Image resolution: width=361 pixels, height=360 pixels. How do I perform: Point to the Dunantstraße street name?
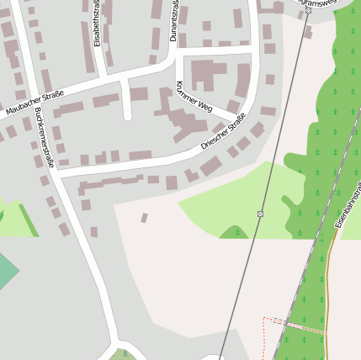tap(174, 20)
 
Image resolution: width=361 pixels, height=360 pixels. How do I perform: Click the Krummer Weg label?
tap(193, 97)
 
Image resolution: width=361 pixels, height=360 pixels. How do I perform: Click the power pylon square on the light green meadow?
tap(261, 214)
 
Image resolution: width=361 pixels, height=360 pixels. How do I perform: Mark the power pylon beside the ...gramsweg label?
tap(308, 10)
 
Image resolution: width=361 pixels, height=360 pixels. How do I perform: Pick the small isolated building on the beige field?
tap(144, 218)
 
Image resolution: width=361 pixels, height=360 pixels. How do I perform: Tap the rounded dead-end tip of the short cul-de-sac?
tap(128, 116)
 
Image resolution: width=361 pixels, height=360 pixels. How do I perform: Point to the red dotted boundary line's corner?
tap(263, 318)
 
